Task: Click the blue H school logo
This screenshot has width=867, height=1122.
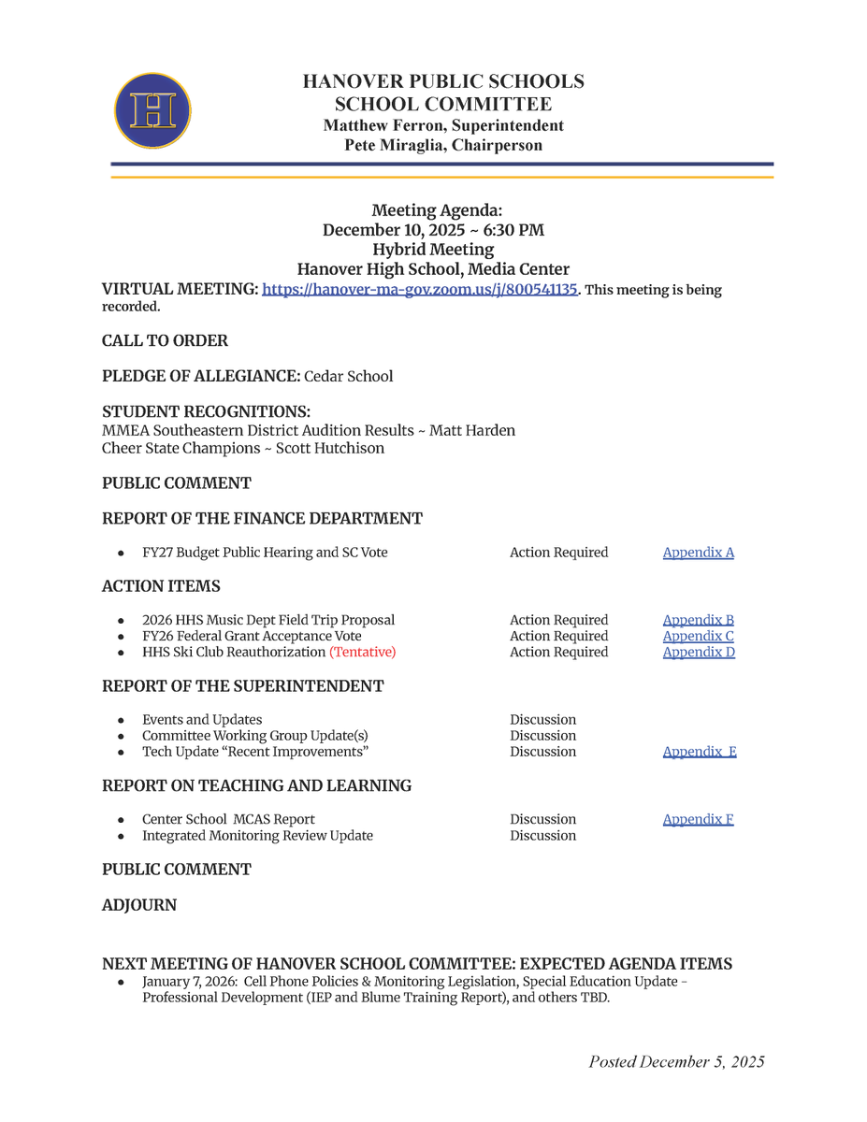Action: [152, 111]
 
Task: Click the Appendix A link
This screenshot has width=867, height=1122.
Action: [698, 553]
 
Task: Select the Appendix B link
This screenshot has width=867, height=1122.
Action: [698, 620]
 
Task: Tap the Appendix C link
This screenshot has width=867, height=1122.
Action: [698, 636]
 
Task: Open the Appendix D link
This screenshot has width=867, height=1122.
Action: [698, 652]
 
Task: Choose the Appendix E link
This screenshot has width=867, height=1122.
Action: [699, 752]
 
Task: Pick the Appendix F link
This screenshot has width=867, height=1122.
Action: [698, 820]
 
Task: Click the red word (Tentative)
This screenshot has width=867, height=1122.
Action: [362, 652]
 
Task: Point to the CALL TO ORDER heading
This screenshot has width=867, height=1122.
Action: [165, 341]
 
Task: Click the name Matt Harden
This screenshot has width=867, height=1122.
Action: [472, 431]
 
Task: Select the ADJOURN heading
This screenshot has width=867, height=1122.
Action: [139, 905]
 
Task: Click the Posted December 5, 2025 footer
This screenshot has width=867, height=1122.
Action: [676, 1061]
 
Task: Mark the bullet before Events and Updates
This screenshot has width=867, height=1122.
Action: [122, 721]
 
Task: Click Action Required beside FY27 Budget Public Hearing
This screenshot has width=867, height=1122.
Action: [558, 553]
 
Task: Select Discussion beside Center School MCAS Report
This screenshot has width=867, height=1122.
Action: [542, 820]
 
